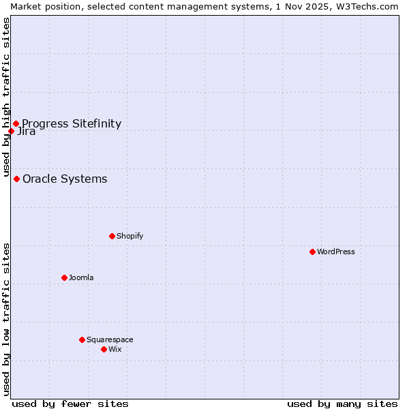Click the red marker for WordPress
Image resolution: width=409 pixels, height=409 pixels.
[312, 252]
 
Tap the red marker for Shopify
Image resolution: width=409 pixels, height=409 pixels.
[112, 236]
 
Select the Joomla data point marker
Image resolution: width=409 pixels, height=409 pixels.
[64, 277]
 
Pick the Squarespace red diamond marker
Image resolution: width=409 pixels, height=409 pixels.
[82, 339]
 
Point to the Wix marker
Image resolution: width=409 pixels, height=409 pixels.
[104, 349]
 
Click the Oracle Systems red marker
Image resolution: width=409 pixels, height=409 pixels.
[16, 179]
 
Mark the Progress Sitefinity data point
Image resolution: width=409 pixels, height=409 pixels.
[16, 123]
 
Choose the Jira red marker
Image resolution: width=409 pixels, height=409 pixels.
[11, 131]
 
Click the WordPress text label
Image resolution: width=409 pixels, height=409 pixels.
[336, 252]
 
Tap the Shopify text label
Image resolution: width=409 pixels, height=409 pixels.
[130, 236]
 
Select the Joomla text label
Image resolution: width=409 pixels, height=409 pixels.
[81, 277]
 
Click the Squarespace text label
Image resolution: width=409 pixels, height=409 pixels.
[110, 339]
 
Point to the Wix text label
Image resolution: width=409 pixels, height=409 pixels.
[115, 349]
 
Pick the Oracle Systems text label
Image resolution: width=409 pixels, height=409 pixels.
[65, 179]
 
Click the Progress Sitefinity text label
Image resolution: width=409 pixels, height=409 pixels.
[72, 123]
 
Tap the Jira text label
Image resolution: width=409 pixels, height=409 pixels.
[27, 132]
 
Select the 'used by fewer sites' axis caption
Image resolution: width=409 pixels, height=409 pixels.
[70, 404]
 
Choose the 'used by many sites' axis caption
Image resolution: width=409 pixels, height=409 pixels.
[342, 404]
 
